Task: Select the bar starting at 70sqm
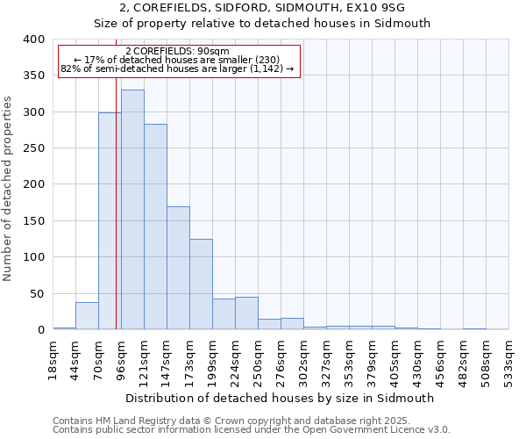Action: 110,220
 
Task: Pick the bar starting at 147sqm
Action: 178,268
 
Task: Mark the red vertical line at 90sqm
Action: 116,219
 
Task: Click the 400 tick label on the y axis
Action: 33,40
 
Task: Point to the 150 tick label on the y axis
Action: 33,221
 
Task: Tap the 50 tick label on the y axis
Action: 36,293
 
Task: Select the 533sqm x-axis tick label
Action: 509,359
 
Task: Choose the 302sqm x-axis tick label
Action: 304,359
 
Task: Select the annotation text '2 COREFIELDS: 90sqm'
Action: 178,51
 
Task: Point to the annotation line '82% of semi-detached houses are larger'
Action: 178,68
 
